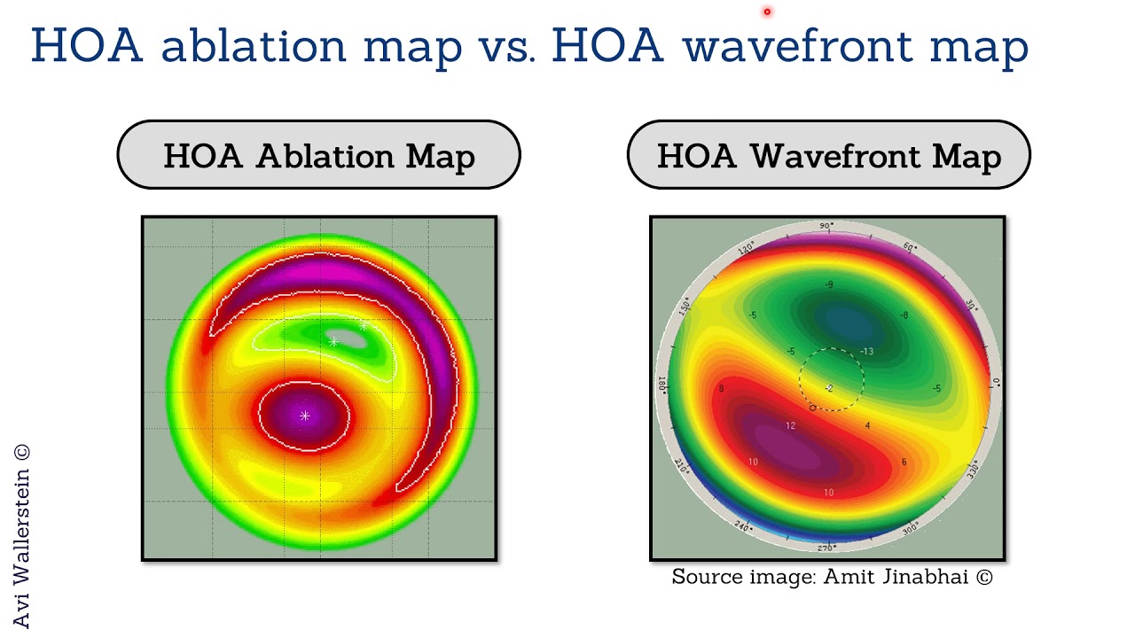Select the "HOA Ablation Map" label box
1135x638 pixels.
(x=318, y=156)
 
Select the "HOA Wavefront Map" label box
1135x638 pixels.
(x=828, y=156)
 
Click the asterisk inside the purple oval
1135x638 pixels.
(x=305, y=416)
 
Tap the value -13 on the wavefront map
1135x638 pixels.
(x=866, y=351)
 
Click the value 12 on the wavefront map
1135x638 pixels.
(x=790, y=425)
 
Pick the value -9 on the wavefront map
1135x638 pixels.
(x=829, y=284)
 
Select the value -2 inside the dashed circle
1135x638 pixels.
(x=829, y=388)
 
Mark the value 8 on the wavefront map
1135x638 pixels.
(x=722, y=388)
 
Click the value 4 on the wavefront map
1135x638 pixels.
(x=867, y=426)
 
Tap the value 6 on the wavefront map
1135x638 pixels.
(x=904, y=462)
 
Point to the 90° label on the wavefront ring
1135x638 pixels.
(x=826, y=227)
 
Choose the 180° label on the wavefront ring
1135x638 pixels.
(x=661, y=385)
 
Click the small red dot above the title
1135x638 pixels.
(x=767, y=12)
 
